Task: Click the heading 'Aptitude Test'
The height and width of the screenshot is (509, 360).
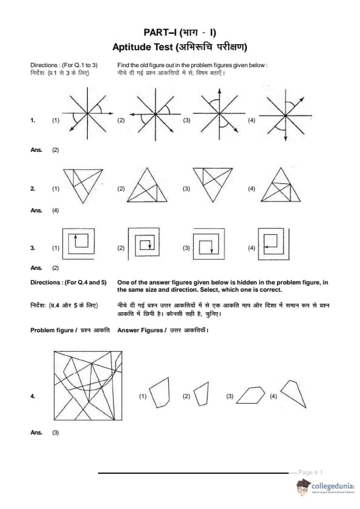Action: click(143, 47)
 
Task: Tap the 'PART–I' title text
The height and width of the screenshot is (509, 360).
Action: click(160, 33)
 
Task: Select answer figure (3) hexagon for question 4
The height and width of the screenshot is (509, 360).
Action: click(250, 395)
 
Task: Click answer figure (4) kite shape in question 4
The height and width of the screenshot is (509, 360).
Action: click(293, 394)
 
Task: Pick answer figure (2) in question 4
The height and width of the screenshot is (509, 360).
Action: click(201, 394)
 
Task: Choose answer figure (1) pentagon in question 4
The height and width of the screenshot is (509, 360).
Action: click(159, 392)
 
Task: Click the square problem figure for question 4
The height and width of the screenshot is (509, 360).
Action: click(88, 386)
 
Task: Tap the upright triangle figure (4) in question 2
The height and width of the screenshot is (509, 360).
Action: click(281, 185)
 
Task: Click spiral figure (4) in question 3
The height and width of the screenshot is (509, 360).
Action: click(273, 244)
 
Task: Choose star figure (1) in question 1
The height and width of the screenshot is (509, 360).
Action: click(88, 113)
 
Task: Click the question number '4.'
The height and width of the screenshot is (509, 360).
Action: click(33, 396)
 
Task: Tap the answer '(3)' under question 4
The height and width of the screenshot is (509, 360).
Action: click(56, 432)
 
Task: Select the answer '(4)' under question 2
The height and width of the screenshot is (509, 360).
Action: click(56, 211)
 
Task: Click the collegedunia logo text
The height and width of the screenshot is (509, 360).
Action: click(332, 486)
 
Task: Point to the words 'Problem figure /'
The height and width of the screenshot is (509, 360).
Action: click(54, 330)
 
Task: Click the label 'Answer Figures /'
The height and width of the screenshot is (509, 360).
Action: click(142, 330)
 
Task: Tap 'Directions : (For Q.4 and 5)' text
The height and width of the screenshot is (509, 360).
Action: click(68, 283)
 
